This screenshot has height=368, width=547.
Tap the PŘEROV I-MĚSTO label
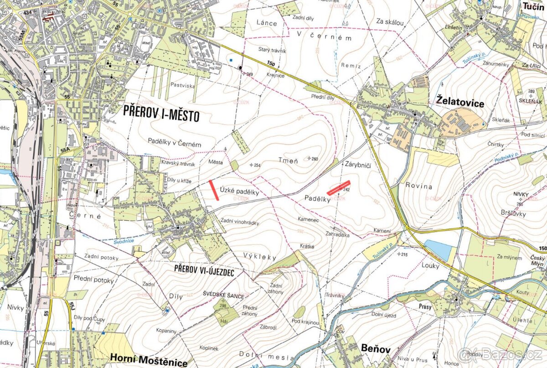[x=162, y=114]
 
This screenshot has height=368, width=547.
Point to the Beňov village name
[x=376, y=349]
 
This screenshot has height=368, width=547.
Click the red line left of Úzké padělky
[x=213, y=190]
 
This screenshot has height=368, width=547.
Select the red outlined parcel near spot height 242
[x=338, y=188]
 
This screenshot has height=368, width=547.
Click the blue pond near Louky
[x=439, y=250]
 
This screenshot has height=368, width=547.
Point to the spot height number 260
[x=315, y=159]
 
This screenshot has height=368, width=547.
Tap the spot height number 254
[x=256, y=165]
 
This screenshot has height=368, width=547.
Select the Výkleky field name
[x=260, y=257]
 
